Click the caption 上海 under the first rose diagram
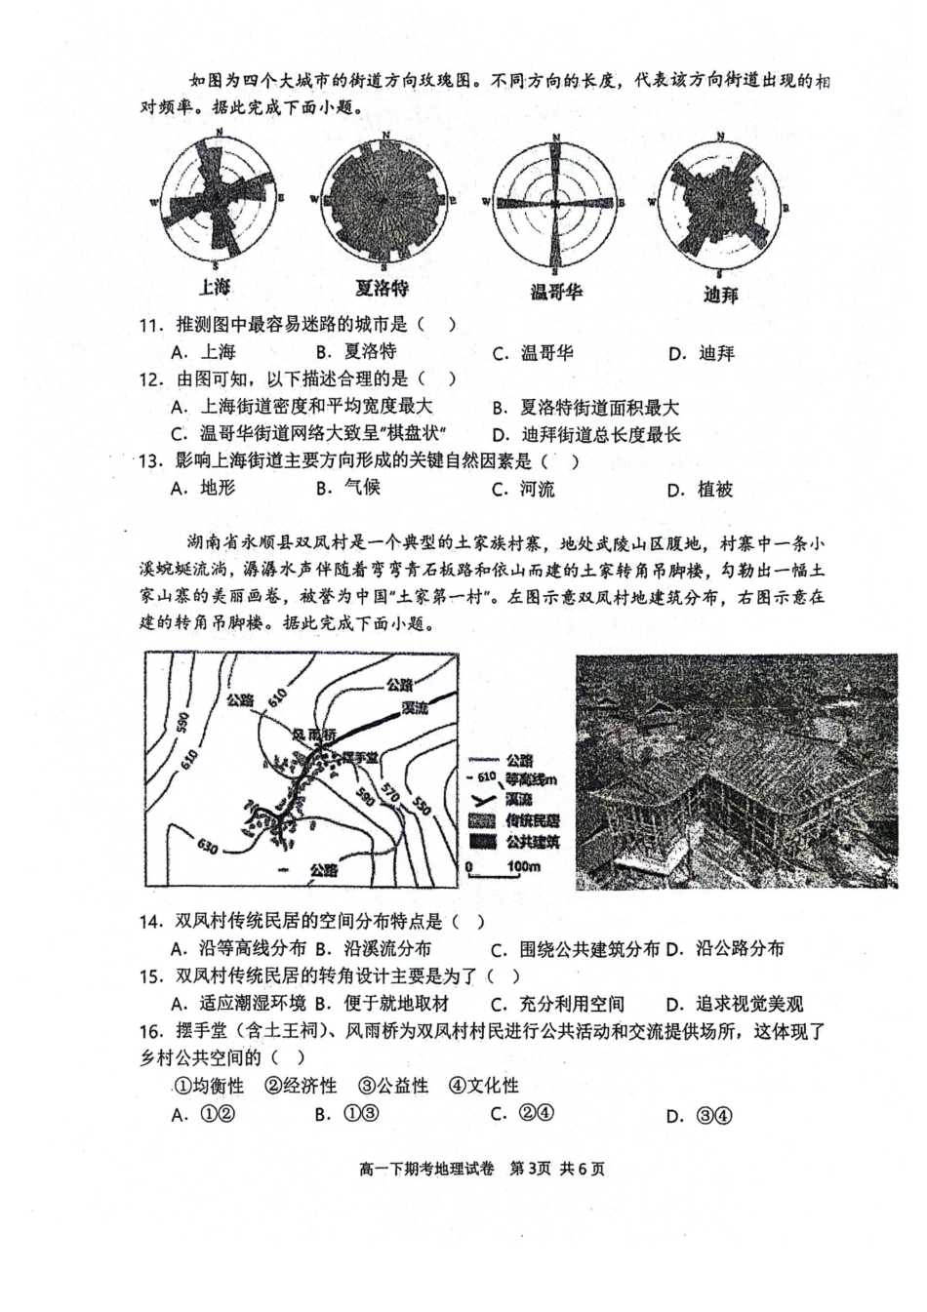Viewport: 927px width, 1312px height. coord(215,287)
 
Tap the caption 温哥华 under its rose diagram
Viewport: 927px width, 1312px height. coord(556,292)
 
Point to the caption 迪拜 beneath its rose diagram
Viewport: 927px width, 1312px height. coord(721,294)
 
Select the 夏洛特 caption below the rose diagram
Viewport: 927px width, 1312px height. coord(382,288)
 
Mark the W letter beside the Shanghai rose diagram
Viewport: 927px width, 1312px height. coord(153,202)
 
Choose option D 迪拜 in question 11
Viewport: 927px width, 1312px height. coord(703,353)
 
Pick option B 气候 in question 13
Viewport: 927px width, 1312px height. coord(348,488)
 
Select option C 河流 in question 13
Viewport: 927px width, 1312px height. coord(524,489)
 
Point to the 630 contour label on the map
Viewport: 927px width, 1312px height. coord(208,845)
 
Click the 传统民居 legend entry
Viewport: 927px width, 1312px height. coord(532,820)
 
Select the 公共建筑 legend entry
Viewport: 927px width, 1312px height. coord(532,841)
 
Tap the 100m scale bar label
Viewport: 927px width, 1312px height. coord(523,866)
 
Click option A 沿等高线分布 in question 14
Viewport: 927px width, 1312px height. coord(240,948)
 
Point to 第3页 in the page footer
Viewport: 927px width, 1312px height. coord(532,1169)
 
